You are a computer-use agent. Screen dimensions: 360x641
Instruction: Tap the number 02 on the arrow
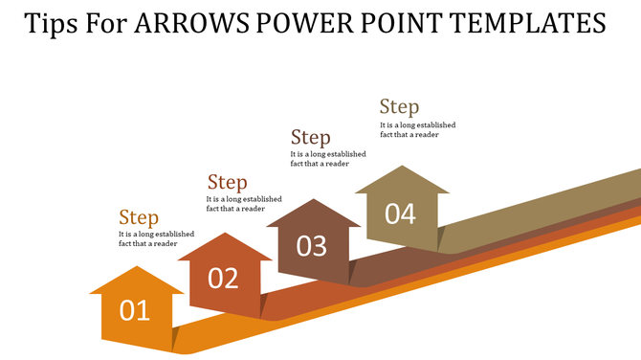[x=222, y=278]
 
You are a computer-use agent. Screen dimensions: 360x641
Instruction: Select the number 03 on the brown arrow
[x=312, y=246]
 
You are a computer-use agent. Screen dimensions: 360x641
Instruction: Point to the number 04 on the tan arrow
[x=400, y=214]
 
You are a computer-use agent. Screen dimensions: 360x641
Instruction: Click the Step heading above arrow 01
[x=138, y=217]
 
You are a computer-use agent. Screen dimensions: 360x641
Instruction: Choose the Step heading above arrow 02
[x=228, y=182]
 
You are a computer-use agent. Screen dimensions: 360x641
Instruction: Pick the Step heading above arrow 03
[x=311, y=138]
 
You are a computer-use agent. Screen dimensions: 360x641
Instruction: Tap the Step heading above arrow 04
[x=399, y=106]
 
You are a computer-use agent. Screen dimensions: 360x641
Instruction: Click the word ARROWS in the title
[x=189, y=23]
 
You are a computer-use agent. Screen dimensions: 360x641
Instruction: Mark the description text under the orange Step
[x=156, y=238]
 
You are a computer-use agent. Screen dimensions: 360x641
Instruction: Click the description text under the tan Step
[x=417, y=129]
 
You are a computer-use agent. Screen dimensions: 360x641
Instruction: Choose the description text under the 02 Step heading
[x=244, y=203]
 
